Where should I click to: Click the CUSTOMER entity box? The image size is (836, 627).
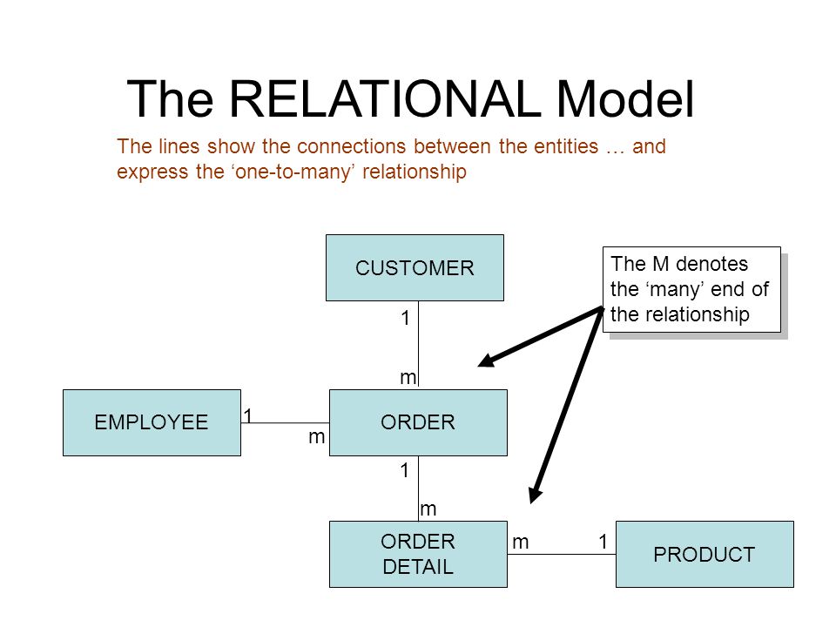(x=415, y=267)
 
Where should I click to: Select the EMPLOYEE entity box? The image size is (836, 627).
(x=152, y=423)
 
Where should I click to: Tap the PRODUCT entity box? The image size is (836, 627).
(x=705, y=555)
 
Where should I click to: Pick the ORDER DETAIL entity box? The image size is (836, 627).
(x=419, y=555)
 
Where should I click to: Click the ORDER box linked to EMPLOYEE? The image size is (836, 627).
(x=419, y=423)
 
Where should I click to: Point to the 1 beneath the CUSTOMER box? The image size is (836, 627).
(x=406, y=319)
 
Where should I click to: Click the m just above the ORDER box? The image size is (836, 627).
(x=408, y=377)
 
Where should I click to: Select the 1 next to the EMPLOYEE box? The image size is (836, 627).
(x=248, y=415)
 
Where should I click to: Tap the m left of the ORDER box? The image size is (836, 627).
(x=317, y=437)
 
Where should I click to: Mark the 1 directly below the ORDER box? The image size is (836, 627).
(x=405, y=470)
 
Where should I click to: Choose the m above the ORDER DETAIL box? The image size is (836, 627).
(x=428, y=509)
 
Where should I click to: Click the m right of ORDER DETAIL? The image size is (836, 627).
(x=521, y=543)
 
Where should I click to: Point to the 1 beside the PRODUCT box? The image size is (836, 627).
(x=603, y=542)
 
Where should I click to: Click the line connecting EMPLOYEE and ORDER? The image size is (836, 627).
(x=286, y=423)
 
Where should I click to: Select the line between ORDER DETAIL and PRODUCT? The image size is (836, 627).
(x=562, y=555)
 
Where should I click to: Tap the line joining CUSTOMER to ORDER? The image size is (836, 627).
(x=419, y=344)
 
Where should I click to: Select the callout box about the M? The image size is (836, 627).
(x=692, y=289)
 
